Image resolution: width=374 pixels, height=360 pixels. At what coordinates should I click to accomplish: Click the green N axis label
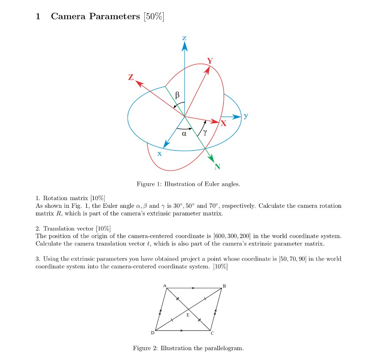point(218,167)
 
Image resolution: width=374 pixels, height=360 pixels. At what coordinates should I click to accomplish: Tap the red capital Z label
point(131,77)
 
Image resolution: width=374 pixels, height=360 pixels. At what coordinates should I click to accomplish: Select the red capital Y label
point(210,60)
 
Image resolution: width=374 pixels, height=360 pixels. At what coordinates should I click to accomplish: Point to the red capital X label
point(223,123)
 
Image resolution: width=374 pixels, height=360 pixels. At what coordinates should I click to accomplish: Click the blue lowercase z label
point(184,38)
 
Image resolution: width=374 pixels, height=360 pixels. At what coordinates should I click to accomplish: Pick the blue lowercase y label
point(246,116)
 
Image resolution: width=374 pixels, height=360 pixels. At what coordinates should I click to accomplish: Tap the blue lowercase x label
point(159,154)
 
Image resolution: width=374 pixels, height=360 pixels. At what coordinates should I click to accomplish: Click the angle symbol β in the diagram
point(178,95)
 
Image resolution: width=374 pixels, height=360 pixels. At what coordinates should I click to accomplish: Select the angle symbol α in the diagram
point(184,134)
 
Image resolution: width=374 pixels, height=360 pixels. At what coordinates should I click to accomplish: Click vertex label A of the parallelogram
point(164,285)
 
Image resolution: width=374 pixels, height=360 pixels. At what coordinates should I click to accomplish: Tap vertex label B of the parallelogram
point(224,286)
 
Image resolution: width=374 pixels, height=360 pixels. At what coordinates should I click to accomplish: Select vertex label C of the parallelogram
point(212,333)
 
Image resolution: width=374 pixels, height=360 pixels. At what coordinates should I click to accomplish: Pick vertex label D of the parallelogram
point(153,333)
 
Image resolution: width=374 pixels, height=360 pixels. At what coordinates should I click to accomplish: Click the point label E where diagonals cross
point(188,315)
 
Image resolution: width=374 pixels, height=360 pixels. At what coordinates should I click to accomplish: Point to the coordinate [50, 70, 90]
point(293,259)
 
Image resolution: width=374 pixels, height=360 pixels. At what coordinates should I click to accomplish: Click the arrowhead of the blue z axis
point(184,46)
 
